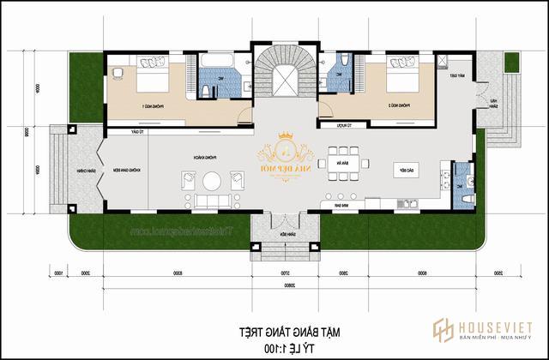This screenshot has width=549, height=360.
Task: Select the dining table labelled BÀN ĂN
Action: (342, 163)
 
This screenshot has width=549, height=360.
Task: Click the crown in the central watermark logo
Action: (284, 137)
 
